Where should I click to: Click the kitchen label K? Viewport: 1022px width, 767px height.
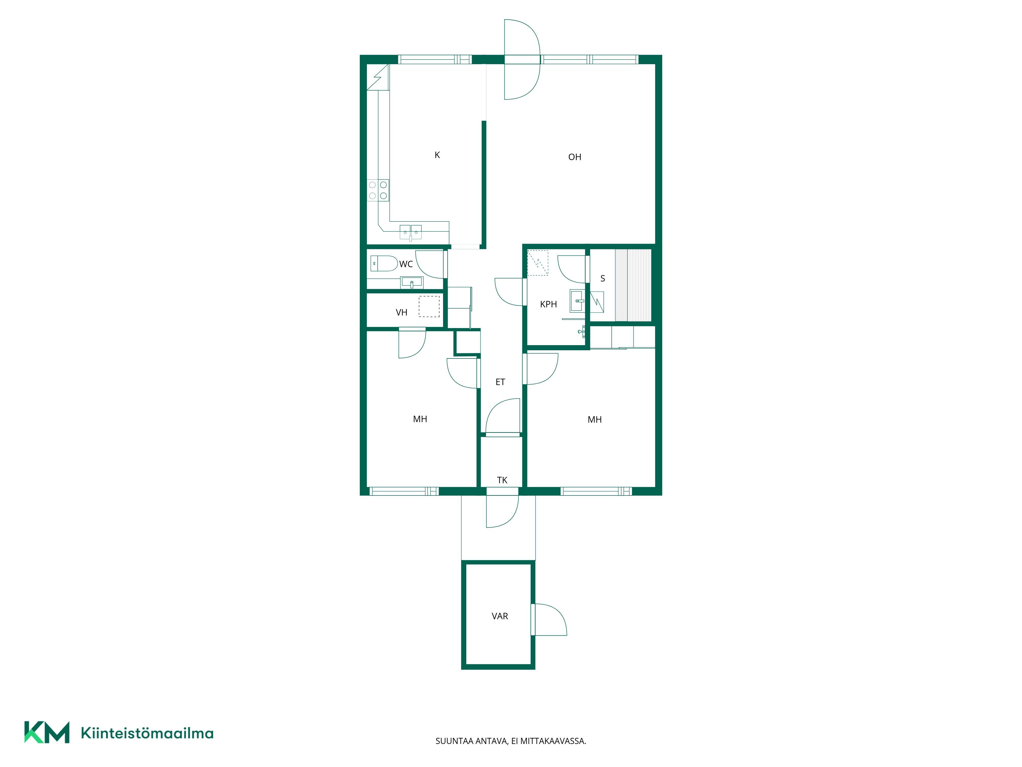(x=437, y=155)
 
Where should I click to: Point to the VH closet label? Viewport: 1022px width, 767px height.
(x=401, y=312)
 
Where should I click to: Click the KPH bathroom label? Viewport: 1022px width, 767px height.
(x=548, y=304)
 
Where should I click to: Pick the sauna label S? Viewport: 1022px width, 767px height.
(x=602, y=278)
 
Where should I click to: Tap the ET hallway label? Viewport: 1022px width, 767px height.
(x=500, y=382)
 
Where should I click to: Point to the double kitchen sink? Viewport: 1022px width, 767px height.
(x=410, y=232)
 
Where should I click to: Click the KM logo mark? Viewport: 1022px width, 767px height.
(x=47, y=732)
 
